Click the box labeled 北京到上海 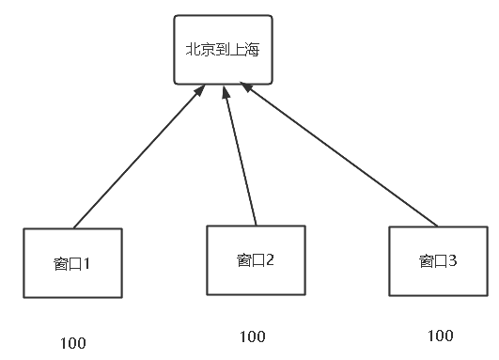click(x=223, y=49)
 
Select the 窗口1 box click(x=72, y=263)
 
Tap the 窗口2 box click(x=256, y=259)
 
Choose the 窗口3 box click(x=439, y=261)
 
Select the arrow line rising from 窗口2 click(x=241, y=155)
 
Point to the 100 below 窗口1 click(x=72, y=342)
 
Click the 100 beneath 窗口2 click(x=253, y=336)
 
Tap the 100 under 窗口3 click(x=440, y=336)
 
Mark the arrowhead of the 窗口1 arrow click(x=200, y=90)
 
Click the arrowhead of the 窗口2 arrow click(x=226, y=90)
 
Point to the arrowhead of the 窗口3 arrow click(x=246, y=87)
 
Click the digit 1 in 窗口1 click(x=86, y=263)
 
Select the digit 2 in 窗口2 click(x=270, y=259)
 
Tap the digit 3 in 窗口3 click(x=453, y=261)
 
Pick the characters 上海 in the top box click(x=246, y=50)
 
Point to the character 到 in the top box click(x=223, y=50)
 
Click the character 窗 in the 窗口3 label click(x=426, y=261)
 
